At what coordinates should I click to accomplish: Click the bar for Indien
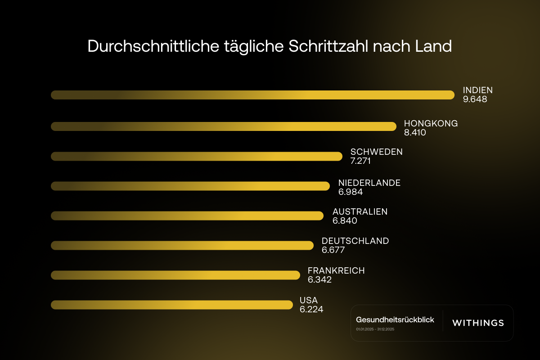tap(252, 95)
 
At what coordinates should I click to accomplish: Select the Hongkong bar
tap(224, 126)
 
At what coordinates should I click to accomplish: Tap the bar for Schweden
tap(197, 156)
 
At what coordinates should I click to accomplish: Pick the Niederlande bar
tap(190, 186)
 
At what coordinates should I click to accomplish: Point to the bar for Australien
tap(187, 216)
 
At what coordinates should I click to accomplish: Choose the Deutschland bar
tap(182, 245)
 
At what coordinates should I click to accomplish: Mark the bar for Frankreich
tap(175, 275)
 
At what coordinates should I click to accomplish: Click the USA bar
tap(172, 305)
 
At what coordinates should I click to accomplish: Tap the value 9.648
tap(475, 99)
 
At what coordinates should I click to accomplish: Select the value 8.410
tap(415, 133)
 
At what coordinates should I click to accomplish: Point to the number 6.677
tap(333, 250)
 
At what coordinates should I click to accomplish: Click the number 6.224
tap(311, 309)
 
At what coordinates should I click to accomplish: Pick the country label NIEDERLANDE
tap(369, 183)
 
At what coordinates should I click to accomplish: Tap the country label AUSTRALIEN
tap(360, 211)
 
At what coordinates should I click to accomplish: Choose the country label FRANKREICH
tap(336, 270)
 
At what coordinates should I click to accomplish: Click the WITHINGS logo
tap(478, 323)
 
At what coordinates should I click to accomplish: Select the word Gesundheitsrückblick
tap(395, 319)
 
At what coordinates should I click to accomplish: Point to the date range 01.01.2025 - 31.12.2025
tap(375, 329)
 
